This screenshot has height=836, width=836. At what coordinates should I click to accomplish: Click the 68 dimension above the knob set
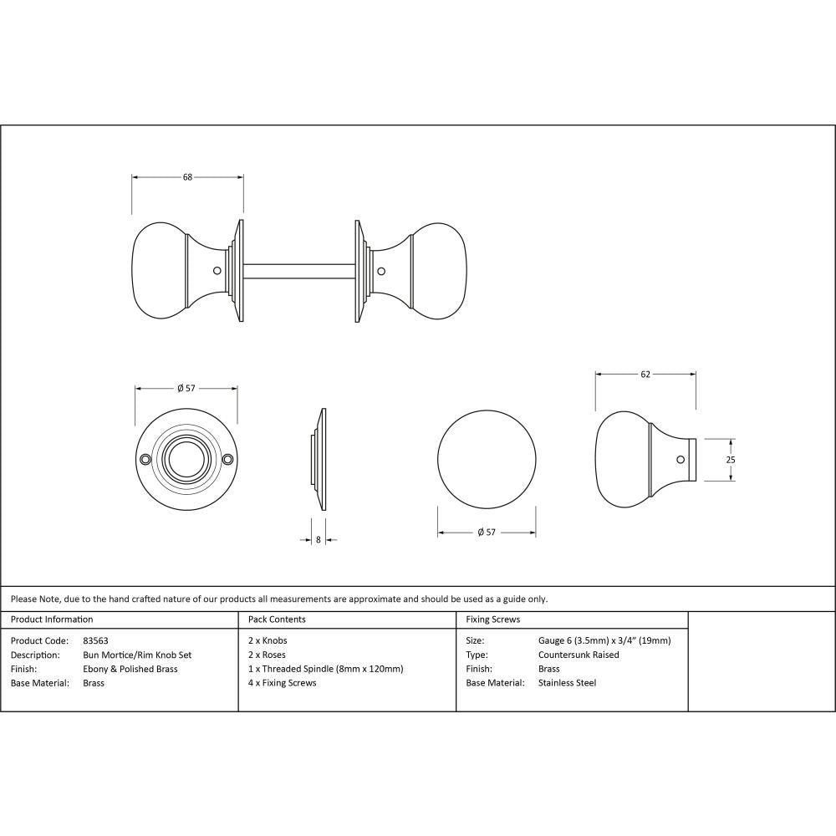[x=187, y=177]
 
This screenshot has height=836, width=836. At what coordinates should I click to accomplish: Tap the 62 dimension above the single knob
[x=645, y=375]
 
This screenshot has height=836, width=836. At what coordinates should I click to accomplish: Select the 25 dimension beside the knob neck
[x=730, y=460]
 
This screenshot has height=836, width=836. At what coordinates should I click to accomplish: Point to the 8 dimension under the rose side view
[x=319, y=540]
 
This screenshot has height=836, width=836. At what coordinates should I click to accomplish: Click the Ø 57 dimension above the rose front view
[x=186, y=388]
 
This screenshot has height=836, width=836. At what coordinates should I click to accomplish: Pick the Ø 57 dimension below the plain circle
[x=487, y=533]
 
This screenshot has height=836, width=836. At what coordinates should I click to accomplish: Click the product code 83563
[x=96, y=641]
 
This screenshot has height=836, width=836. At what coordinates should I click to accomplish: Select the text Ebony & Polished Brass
[x=130, y=669]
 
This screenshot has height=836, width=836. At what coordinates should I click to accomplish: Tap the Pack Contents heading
[x=277, y=619]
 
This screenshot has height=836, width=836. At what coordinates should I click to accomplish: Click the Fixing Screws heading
[x=492, y=619]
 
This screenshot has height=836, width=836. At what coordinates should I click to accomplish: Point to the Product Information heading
[x=52, y=619]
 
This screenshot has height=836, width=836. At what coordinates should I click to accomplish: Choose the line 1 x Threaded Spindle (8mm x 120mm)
[x=326, y=669]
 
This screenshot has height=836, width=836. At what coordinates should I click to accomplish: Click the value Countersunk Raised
[x=579, y=655]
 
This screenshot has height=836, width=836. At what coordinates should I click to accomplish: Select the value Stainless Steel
[x=567, y=683]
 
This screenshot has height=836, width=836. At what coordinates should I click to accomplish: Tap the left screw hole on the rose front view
[x=145, y=459]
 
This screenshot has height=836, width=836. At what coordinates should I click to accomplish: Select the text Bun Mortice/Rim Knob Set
[x=137, y=655]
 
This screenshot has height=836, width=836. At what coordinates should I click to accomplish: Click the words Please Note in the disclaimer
[x=33, y=599]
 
